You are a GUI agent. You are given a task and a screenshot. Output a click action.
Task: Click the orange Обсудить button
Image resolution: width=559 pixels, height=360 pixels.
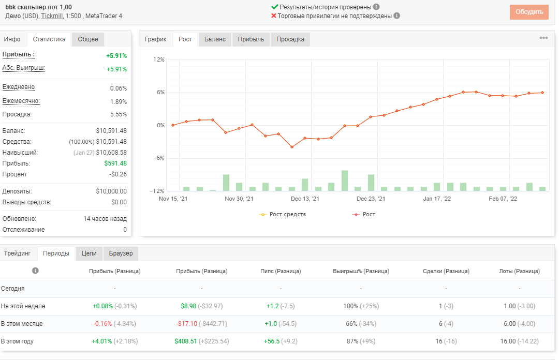pos(529,12)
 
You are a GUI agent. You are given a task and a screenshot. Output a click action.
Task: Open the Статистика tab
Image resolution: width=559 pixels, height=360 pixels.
pos(49,39)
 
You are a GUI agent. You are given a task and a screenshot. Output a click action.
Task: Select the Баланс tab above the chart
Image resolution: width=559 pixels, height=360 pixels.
pos(215,39)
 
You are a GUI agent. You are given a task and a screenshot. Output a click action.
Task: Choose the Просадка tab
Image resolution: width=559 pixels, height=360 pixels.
pos(290,39)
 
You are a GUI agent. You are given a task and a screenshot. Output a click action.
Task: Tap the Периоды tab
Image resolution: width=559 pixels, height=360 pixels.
pos(56,253)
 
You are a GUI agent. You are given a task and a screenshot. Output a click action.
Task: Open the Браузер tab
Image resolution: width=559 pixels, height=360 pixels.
pos(121,253)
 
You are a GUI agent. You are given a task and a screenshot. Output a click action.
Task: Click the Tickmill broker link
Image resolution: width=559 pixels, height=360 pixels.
pos(52,16)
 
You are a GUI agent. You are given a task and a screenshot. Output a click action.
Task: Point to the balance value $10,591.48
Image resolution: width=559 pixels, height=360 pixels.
pos(111,131)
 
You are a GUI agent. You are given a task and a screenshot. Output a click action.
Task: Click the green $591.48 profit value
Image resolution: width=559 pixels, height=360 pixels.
pos(115,163)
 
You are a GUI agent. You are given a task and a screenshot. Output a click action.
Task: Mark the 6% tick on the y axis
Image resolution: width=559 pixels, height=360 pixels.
pos(161,92)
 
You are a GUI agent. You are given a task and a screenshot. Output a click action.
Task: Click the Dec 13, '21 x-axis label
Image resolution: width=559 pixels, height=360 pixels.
pos(305,199)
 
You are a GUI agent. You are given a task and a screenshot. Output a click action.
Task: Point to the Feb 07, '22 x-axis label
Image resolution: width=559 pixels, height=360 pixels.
pos(503,199)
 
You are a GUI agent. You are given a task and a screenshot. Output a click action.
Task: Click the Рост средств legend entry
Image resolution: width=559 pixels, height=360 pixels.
pos(283,214)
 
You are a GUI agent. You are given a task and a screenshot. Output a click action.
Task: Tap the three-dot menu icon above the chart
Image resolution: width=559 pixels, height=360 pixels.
pos(543,38)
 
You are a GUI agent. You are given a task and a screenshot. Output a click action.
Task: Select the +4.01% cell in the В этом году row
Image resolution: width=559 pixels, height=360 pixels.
pos(102,341)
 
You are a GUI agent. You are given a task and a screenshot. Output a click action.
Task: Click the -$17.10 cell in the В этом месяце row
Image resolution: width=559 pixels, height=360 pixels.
pos(186,324)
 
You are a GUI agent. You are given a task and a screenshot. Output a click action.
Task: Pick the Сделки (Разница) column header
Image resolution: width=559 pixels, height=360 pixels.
pos(446,271)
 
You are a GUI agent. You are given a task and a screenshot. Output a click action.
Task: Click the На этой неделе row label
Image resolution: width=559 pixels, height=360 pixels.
pos(23,306)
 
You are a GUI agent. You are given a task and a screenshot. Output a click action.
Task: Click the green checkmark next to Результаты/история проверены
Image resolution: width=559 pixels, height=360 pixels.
pos(274,7)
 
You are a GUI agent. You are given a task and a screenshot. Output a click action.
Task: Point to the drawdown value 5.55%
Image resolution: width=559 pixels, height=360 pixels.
pos(119,114)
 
